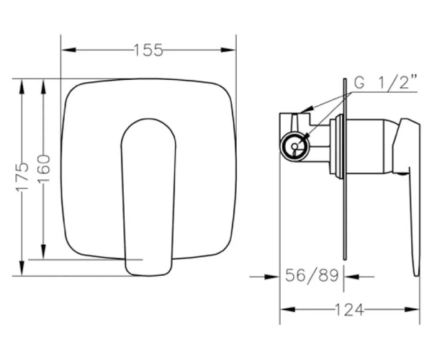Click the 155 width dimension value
tap(148, 50)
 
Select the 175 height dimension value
tap(22, 176)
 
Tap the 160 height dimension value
tap(43, 168)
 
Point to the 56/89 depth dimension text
tap(312, 275)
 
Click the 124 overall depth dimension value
tap(349, 310)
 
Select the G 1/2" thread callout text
tap(385, 82)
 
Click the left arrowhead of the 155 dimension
tap(68, 50)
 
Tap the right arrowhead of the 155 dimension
tap(228, 50)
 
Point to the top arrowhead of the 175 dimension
tap(22, 87)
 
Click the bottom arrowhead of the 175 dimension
tap(22, 268)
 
